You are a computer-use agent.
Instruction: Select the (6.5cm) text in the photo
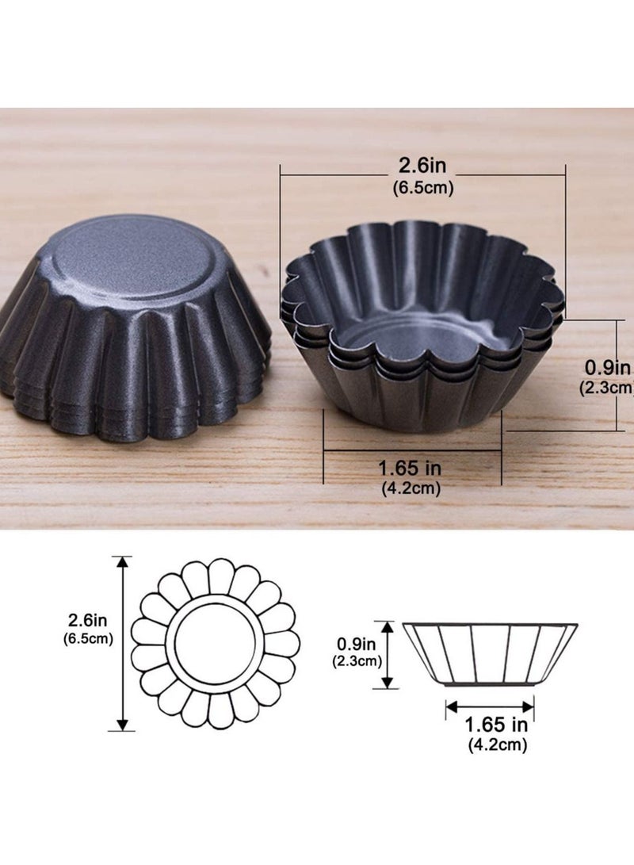[x=422, y=189]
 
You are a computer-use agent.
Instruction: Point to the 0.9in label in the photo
[x=606, y=368]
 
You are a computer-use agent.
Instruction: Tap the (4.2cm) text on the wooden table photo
[x=411, y=488]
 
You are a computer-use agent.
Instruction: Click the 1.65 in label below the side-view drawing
[x=496, y=724]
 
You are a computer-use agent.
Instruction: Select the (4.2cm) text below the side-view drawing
[x=497, y=744]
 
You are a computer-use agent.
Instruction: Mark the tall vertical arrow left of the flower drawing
[x=121, y=642]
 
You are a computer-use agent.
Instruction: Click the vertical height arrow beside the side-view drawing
[x=388, y=655]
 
